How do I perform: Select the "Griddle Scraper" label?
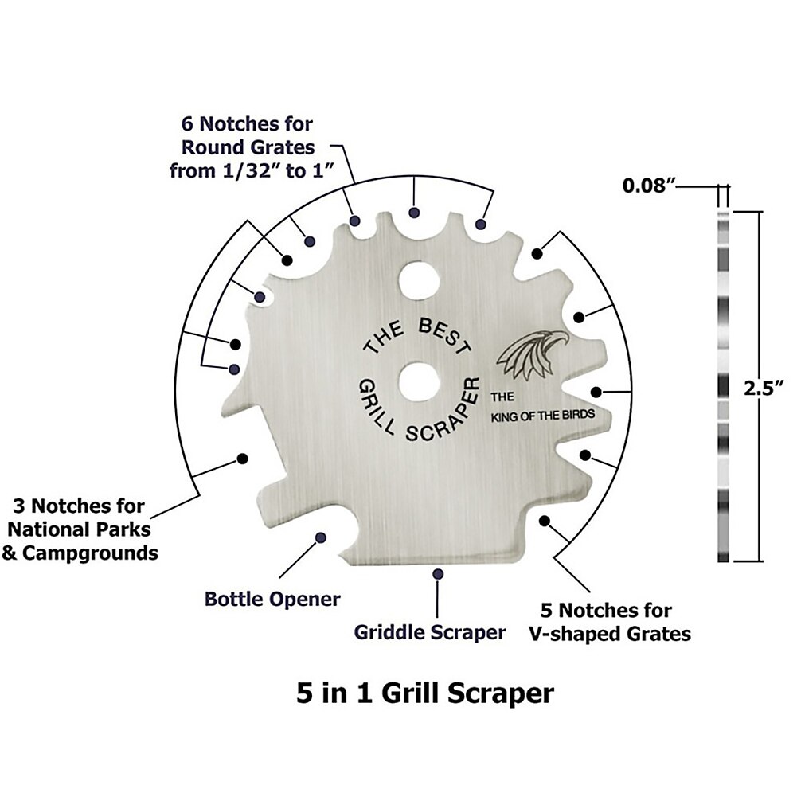[430, 632]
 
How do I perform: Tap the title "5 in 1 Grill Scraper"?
[424, 693]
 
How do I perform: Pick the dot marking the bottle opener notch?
[320, 538]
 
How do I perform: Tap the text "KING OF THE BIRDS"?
[541, 416]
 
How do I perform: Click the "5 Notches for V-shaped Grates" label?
[609, 623]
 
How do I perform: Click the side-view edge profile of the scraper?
[723, 386]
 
